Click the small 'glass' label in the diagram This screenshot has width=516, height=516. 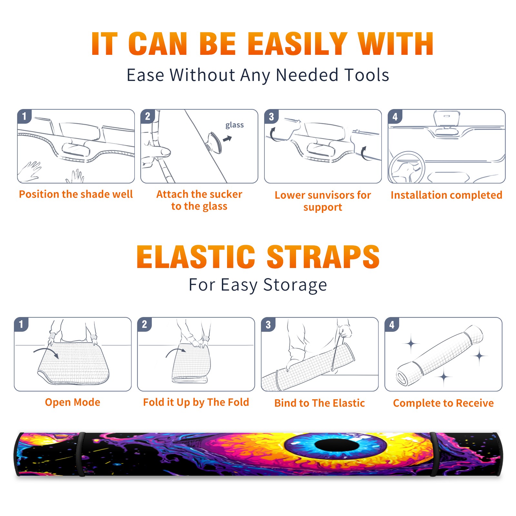pyautogui.click(x=234, y=125)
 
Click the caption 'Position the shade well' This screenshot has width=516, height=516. pyautogui.click(x=76, y=194)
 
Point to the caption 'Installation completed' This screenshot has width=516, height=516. pyautogui.click(x=446, y=195)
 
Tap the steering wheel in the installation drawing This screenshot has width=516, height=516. pyautogui.click(x=406, y=168)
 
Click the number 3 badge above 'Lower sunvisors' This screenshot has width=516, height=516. pyautogui.click(x=271, y=116)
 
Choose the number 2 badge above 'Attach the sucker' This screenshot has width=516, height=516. pyautogui.click(x=148, y=116)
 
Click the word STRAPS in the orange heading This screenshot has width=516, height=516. pyautogui.click(x=323, y=257)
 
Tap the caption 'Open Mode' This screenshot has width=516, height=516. pyautogui.click(x=73, y=402)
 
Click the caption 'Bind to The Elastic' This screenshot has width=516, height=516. pyautogui.click(x=320, y=403)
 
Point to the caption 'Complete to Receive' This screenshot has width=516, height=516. pyautogui.click(x=443, y=403)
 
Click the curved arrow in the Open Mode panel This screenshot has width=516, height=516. pyautogui.click(x=46, y=352)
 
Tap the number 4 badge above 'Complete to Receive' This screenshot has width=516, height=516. pyautogui.click(x=392, y=324)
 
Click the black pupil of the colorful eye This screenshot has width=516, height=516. pyautogui.click(x=337, y=446)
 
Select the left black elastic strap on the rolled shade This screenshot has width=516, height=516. pyautogui.click(x=82, y=454)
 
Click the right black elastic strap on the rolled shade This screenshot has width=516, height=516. pyautogui.click(x=434, y=454)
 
